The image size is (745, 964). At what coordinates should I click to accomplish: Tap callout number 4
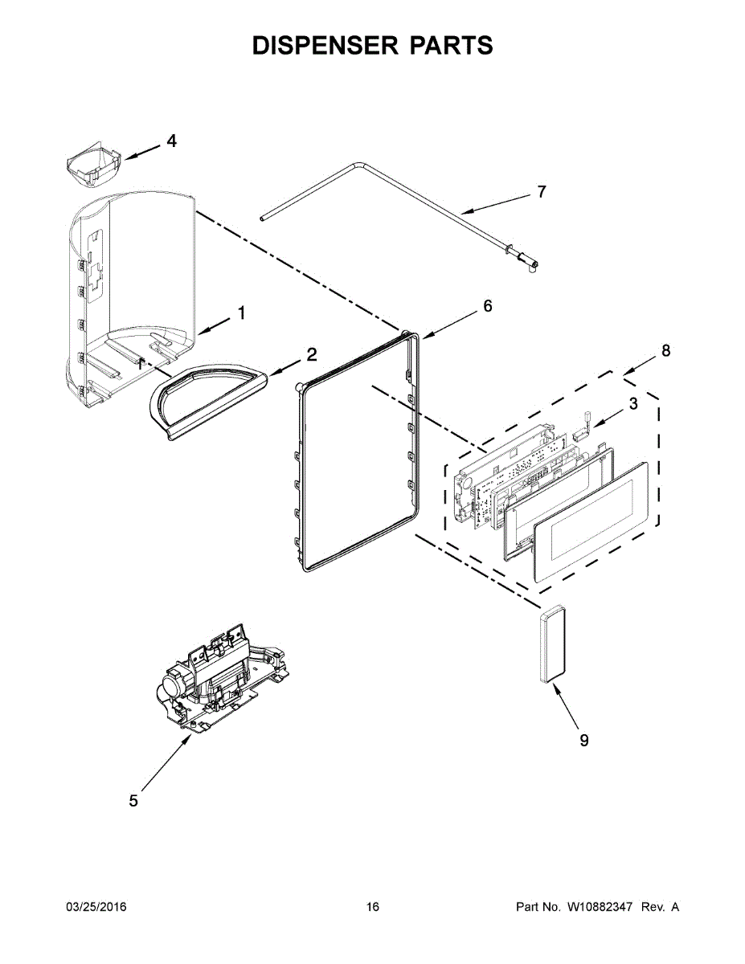[171, 141]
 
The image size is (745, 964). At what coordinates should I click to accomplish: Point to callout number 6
[487, 306]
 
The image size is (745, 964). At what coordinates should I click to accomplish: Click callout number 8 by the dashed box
[665, 350]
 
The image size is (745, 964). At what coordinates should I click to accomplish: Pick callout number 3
[633, 404]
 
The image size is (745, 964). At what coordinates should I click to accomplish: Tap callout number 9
[584, 740]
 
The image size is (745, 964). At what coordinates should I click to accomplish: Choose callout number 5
[133, 800]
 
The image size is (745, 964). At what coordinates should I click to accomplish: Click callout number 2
[311, 353]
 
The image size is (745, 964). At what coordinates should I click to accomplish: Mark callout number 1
[239, 313]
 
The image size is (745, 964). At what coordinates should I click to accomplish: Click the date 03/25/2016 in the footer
[96, 907]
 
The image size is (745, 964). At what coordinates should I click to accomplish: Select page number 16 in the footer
[372, 907]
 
